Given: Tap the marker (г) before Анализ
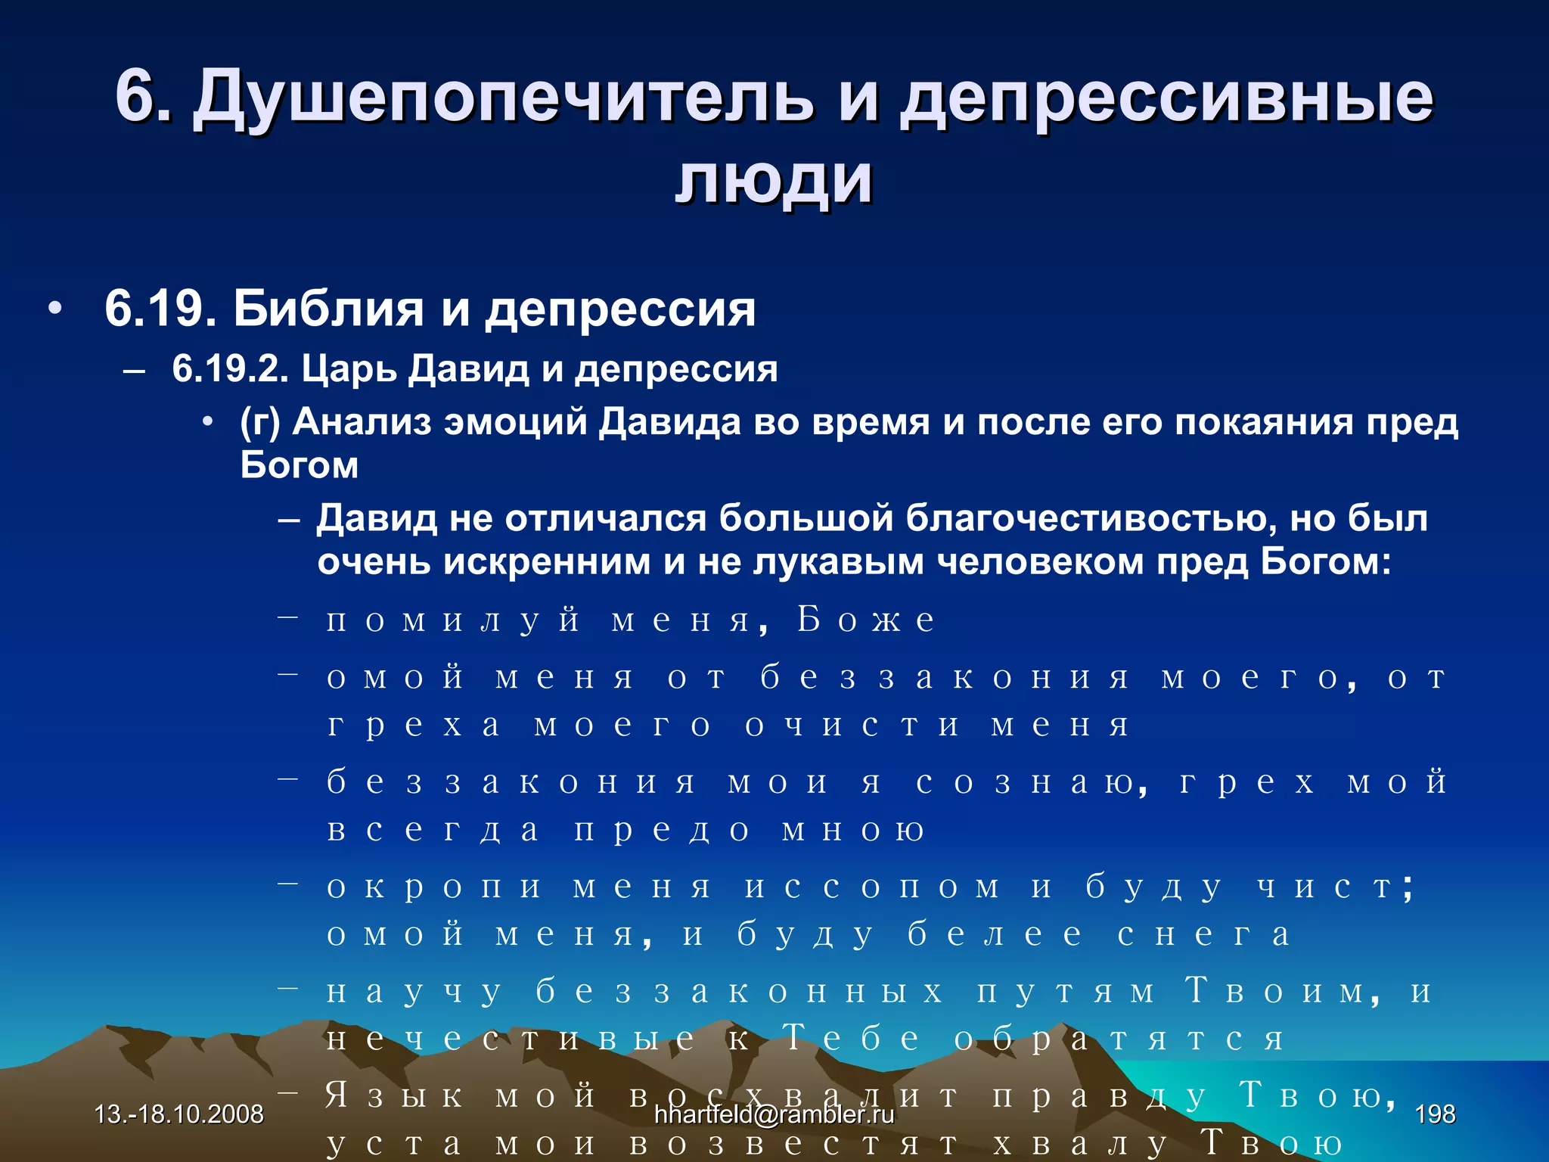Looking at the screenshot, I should [x=260, y=422].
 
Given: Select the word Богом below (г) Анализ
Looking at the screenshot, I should [x=300, y=465].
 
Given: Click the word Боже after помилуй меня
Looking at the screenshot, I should [x=866, y=620].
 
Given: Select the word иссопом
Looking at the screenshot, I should [x=872, y=887].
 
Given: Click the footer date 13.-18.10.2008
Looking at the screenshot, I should [x=179, y=1114].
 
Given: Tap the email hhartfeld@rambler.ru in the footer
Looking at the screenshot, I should [x=774, y=1114].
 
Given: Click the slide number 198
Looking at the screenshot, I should [x=1435, y=1114].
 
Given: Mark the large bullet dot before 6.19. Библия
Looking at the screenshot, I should [x=54, y=309].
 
